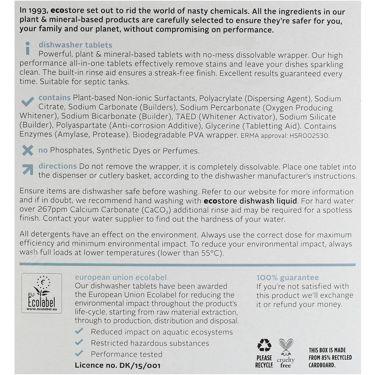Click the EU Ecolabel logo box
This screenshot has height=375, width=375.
click(41, 293)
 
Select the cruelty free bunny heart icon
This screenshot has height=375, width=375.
click(285, 347)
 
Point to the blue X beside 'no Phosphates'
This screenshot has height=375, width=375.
click(27, 151)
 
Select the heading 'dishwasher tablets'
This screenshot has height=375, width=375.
click(75, 45)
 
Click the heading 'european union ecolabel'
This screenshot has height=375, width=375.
click(121, 277)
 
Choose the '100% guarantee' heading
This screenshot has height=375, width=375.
click(287, 277)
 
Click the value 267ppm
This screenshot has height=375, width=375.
click(49, 210)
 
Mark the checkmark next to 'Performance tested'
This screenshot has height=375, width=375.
click(79, 353)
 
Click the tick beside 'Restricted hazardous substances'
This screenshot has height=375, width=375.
click(79, 342)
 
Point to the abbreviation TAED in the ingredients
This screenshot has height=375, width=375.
click(186, 117)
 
